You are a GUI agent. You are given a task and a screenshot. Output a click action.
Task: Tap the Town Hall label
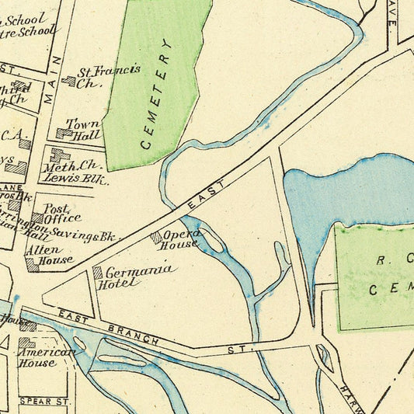[85, 129]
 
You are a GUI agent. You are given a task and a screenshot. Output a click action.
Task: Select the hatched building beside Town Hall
[64, 133]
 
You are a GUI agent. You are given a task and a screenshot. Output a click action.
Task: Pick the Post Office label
[62, 214]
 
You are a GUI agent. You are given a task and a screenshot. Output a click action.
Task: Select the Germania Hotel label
[137, 277]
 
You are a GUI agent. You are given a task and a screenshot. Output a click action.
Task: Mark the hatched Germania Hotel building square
[98, 273]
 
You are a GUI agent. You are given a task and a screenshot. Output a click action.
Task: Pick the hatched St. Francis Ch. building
[70, 80]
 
